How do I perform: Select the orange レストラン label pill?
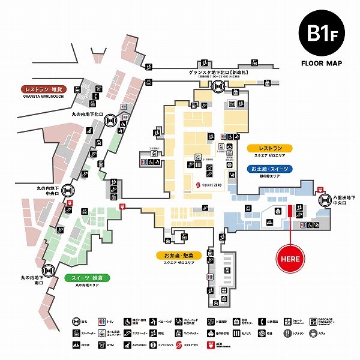269,148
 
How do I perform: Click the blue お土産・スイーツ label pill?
269,169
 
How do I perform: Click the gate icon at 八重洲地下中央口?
325,200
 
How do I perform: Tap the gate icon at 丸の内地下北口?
110,121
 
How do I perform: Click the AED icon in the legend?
210,345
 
